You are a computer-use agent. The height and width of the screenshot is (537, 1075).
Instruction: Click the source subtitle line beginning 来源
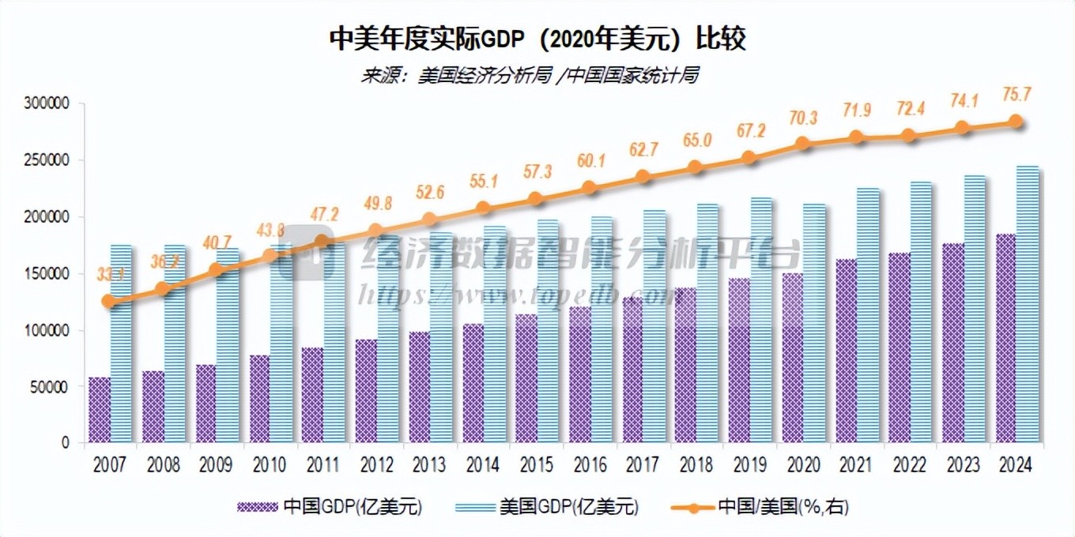click(530, 76)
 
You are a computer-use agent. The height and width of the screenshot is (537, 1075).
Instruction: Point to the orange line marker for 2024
click(1016, 122)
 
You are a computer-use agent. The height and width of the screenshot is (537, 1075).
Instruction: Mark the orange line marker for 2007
click(110, 301)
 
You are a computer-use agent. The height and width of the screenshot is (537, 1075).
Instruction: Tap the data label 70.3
click(802, 118)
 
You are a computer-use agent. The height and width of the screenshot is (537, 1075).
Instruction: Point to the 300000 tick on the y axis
click(49, 103)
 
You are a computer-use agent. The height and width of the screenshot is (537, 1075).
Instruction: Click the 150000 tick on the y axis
click(49, 273)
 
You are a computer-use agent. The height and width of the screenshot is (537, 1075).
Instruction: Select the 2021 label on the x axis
click(855, 465)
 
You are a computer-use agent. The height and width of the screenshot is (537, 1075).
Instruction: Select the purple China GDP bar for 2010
click(258, 399)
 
